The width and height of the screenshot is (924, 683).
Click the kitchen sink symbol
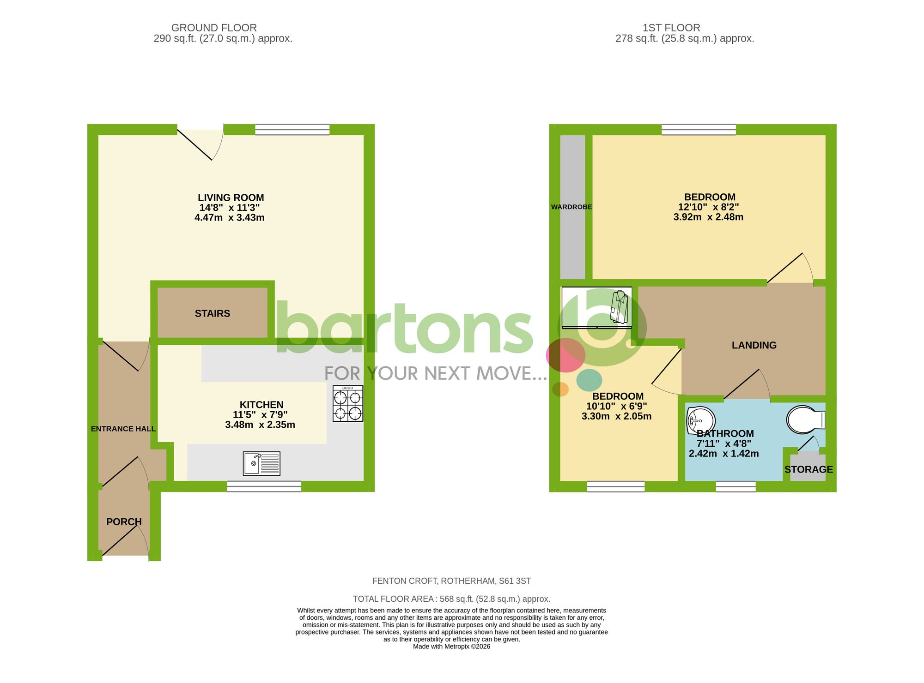(x=261, y=463)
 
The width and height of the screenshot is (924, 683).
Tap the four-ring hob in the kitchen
(x=348, y=404)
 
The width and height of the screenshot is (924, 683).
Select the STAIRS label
(x=213, y=314)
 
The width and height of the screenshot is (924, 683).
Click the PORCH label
(x=124, y=522)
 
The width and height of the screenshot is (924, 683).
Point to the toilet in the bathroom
(x=806, y=420)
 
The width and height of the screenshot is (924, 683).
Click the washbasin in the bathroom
(x=700, y=420)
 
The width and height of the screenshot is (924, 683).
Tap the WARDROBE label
(x=571, y=207)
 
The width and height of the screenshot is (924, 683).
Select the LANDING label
(x=754, y=345)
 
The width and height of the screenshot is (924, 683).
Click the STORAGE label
(x=808, y=469)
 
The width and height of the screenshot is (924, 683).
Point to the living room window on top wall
(x=292, y=129)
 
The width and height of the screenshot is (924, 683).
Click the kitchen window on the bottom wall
(x=264, y=486)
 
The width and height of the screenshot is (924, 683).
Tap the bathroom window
(x=736, y=486)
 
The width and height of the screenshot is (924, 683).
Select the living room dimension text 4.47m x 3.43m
(x=230, y=218)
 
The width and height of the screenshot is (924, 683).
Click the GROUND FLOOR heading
(x=214, y=28)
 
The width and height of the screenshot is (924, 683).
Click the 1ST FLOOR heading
(x=671, y=28)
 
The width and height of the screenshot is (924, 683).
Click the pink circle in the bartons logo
(x=565, y=355)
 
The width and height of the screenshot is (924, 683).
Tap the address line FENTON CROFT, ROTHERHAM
(x=451, y=581)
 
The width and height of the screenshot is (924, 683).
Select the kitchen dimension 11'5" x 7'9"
(x=260, y=415)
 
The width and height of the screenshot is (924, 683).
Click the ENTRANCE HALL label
(x=123, y=429)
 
